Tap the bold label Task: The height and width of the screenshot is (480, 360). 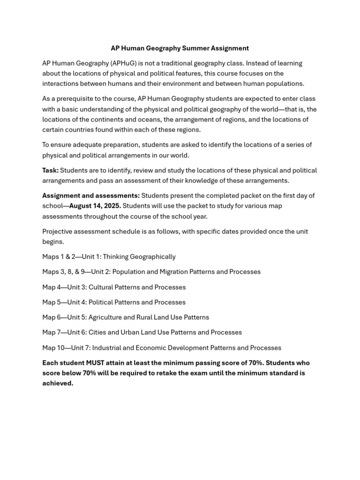pos(50,170)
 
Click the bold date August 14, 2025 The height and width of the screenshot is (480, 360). pos(95,206)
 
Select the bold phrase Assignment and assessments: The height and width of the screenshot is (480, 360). pos(91,195)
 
